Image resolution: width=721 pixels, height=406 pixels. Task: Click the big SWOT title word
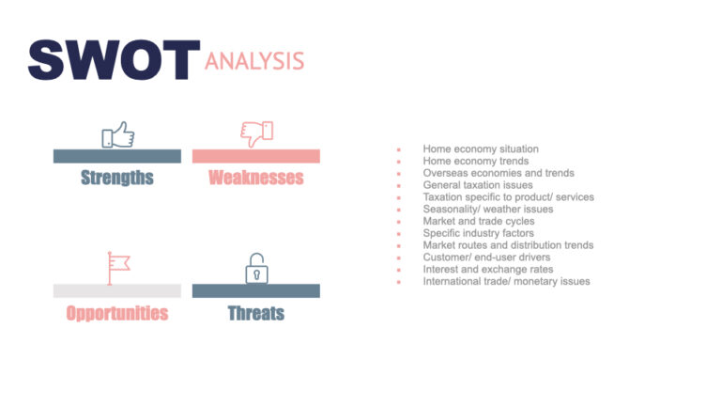click(x=114, y=60)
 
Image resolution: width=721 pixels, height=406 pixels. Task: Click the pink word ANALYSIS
click(x=254, y=61)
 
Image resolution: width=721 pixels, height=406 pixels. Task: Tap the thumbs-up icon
click(x=117, y=135)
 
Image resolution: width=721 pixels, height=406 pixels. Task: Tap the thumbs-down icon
click(x=256, y=133)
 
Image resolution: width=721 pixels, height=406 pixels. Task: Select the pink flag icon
click(x=117, y=267)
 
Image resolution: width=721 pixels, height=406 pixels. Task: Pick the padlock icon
click(x=255, y=269)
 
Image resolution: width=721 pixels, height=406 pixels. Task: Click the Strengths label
click(x=117, y=178)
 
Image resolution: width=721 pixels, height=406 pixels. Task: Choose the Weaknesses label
click(x=256, y=178)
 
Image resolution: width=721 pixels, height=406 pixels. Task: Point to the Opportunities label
click(x=117, y=313)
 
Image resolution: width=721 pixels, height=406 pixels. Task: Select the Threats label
click(x=256, y=313)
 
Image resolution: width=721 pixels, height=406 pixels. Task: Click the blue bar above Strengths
click(x=117, y=156)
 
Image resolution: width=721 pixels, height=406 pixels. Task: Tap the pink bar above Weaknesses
click(x=256, y=156)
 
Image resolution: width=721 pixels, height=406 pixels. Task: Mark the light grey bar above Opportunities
click(x=117, y=290)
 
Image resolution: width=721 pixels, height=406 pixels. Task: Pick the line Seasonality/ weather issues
click(x=488, y=210)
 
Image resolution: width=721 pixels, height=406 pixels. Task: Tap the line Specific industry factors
click(x=479, y=233)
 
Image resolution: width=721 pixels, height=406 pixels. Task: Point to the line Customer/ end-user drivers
click(x=486, y=258)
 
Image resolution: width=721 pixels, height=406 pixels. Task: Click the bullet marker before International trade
click(x=399, y=282)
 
